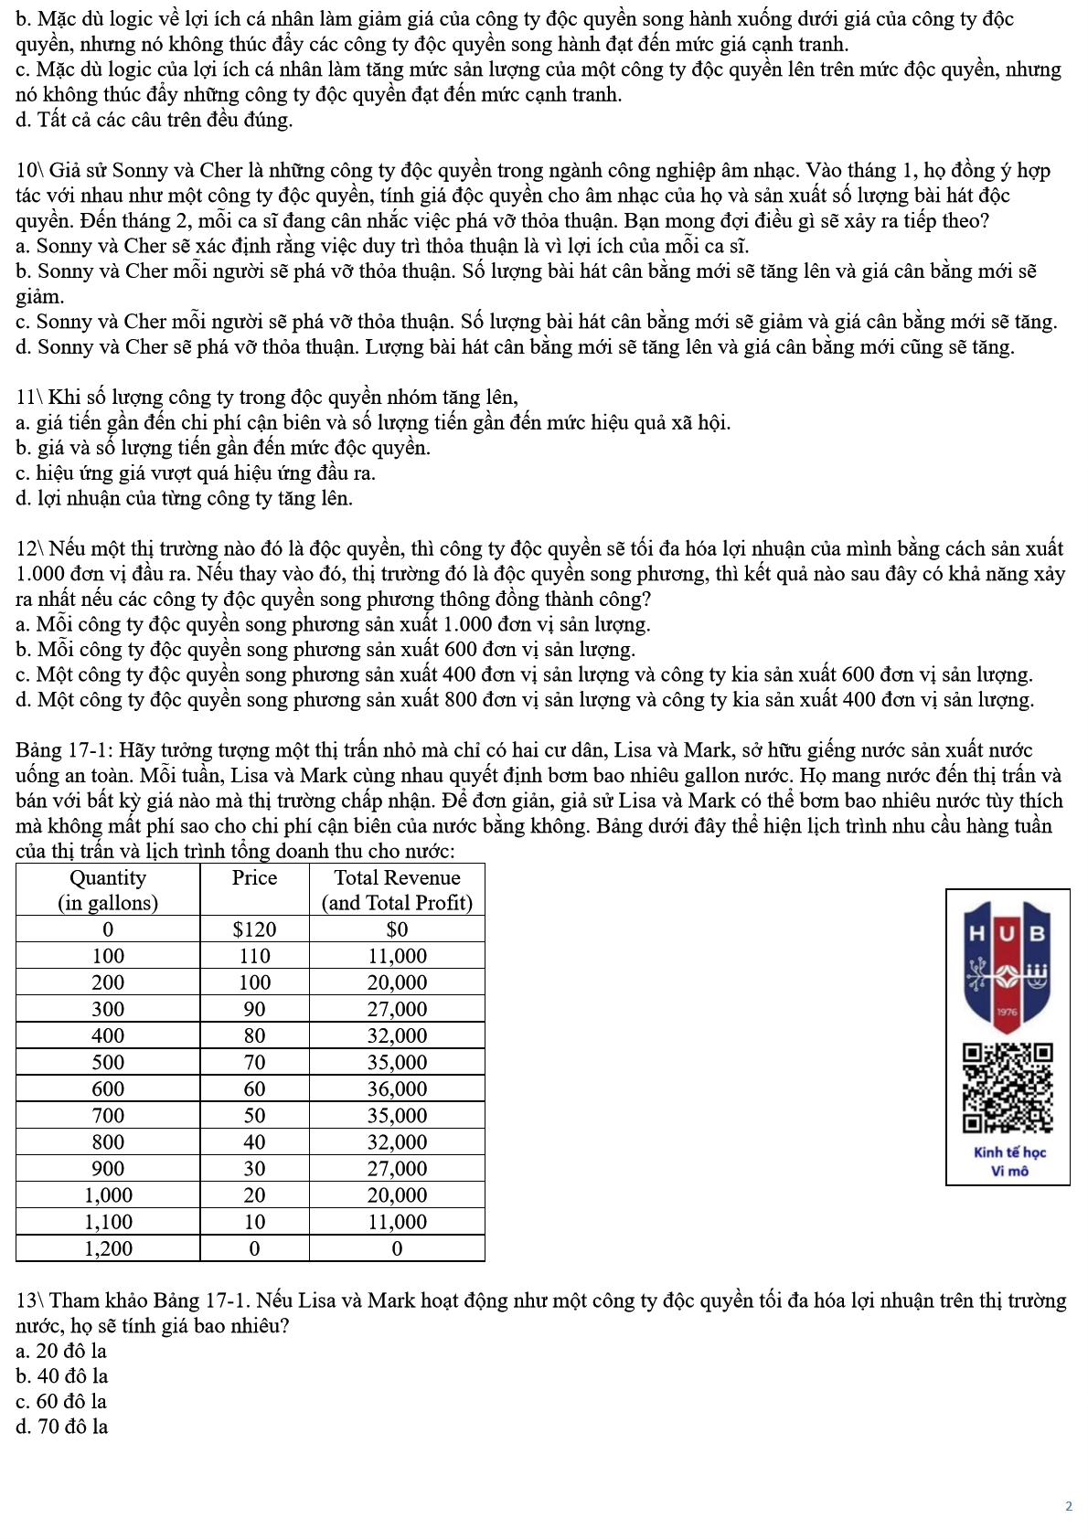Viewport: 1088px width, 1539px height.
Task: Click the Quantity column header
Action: point(108,889)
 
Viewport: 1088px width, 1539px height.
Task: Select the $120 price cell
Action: point(254,929)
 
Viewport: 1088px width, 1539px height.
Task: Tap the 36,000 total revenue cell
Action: point(397,1088)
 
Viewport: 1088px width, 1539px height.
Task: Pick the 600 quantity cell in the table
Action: point(108,1088)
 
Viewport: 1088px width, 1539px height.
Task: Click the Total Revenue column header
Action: point(397,889)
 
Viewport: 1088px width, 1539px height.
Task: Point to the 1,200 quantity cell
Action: point(108,1248)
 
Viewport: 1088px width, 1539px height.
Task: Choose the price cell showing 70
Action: point(254,1062)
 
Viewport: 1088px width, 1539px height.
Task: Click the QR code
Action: point(1008,1088)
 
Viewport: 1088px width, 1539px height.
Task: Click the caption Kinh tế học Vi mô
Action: point(1009,1162)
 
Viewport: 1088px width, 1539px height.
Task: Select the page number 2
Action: point(1068,1506)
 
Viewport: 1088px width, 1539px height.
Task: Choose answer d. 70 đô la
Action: point(61,1427)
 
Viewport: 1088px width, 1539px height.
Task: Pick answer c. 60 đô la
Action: point(61,1401)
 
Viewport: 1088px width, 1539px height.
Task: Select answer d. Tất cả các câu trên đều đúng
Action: point(154,120)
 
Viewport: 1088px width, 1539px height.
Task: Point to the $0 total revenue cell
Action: point(397,929)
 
